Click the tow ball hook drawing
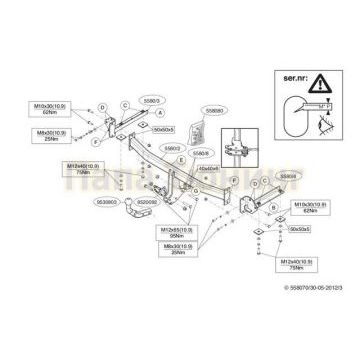(x=134, y=212)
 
